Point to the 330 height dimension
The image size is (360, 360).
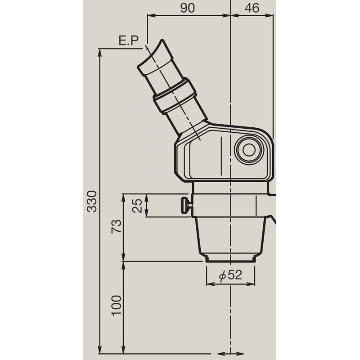pos(92,200)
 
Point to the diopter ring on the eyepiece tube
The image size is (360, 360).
pos(175,96)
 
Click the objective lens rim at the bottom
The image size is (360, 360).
pos(230,258)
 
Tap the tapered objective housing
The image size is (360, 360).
pos(230,236)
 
